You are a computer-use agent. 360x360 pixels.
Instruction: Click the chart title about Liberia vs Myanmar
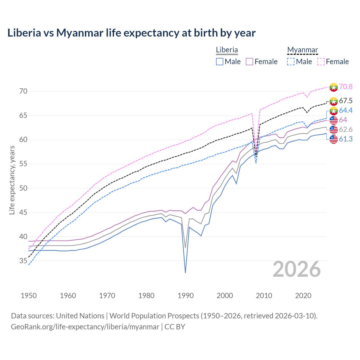(x=131, y=33)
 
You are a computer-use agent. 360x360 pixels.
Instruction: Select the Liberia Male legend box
(x=220, y=62)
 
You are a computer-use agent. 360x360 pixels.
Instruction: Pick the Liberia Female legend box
(x=250, y=62)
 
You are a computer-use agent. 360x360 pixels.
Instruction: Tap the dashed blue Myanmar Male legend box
(x=291, y=62)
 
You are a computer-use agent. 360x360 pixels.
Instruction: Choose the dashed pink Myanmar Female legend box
(x=321, y=62)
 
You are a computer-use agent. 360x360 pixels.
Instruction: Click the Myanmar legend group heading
(x=302, y=50)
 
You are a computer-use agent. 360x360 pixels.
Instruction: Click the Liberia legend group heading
(x=227, y=50)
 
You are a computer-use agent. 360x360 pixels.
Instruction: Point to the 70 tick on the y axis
(x=23, y=91)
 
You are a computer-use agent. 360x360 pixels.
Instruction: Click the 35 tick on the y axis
(x=23, y=261)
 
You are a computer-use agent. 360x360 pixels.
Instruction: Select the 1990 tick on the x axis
(x=186, y=296)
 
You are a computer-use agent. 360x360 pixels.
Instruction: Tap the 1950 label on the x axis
(x=29, y=296)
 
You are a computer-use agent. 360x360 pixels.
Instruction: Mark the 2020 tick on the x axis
(x=303, y=296)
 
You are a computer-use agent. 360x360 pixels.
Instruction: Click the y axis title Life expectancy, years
(x=12, y=180)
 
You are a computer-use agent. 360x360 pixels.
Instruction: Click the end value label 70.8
(x=346, y=87)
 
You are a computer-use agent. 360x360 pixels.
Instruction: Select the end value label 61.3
(x=346, y=139)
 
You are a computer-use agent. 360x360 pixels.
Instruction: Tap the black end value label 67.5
(x=346, y=101)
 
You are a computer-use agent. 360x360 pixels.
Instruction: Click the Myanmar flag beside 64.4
(x=334, y=111)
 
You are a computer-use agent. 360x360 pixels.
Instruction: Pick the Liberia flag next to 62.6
(x=334, y=130)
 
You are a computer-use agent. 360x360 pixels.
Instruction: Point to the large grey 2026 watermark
(x=297, y=269)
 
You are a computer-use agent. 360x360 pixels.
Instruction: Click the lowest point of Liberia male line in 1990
(x=185, y=273)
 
